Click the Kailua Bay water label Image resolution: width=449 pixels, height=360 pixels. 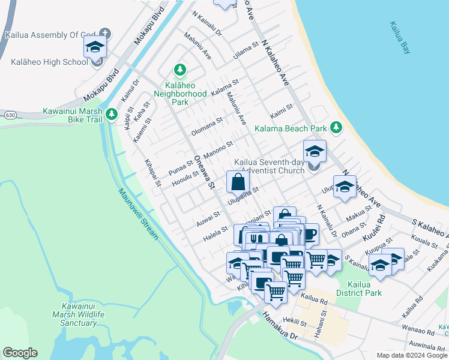tap(399, 38)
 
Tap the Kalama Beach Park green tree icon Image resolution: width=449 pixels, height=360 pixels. tap(336, 128)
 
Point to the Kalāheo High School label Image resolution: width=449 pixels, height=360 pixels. tap(49, 62)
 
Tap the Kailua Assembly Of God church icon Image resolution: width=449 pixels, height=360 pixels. tap(106, 34)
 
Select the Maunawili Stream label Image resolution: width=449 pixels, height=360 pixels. tap(137, 214)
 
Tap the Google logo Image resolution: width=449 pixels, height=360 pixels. tap(20, 353)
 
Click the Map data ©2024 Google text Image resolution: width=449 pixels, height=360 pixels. tap(411, 355)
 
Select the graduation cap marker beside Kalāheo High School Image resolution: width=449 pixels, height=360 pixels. tap(95, 46)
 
